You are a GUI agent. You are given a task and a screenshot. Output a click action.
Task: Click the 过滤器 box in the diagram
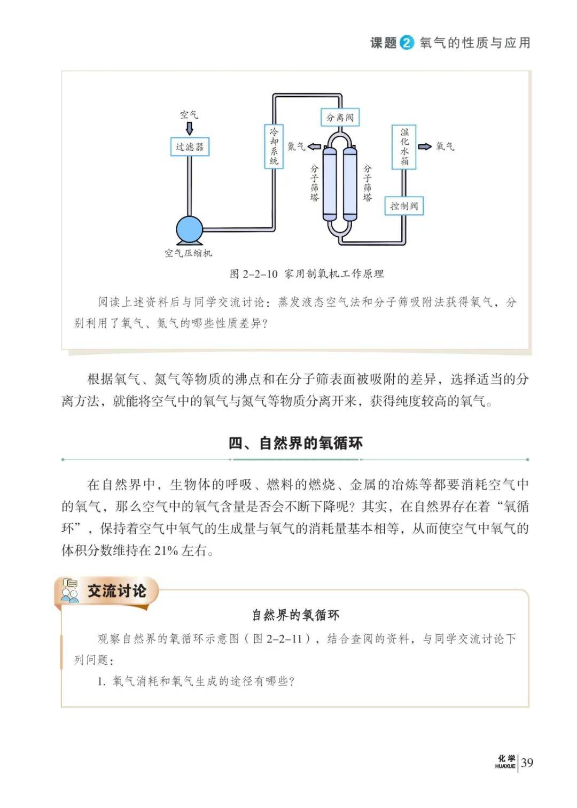189,146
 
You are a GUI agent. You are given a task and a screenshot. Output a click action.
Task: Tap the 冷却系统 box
274,146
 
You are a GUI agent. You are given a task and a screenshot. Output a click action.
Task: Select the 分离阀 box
340,117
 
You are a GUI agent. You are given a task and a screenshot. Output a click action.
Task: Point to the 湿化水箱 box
404,147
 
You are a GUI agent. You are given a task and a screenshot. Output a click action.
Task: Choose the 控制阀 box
404,206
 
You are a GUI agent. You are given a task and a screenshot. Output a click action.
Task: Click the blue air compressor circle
189,229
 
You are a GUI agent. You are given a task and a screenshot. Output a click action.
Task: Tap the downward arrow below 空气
189,128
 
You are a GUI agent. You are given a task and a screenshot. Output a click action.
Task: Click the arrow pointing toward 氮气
315,146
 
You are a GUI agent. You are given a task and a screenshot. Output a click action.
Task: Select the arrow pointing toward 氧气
425,146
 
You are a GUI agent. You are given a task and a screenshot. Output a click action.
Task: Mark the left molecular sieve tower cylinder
329,183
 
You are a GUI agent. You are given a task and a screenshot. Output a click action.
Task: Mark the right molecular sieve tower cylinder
350,183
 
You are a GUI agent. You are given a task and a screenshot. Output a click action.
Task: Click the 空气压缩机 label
188,253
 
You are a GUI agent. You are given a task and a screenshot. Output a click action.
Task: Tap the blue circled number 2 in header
407,43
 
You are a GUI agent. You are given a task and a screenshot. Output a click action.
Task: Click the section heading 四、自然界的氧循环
295,443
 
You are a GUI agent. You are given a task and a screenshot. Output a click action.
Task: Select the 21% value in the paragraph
166,550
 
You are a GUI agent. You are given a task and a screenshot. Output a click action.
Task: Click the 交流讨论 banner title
117,591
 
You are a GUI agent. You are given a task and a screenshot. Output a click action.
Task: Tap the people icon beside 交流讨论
69,591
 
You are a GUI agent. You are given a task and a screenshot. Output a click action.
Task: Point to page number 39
527,762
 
